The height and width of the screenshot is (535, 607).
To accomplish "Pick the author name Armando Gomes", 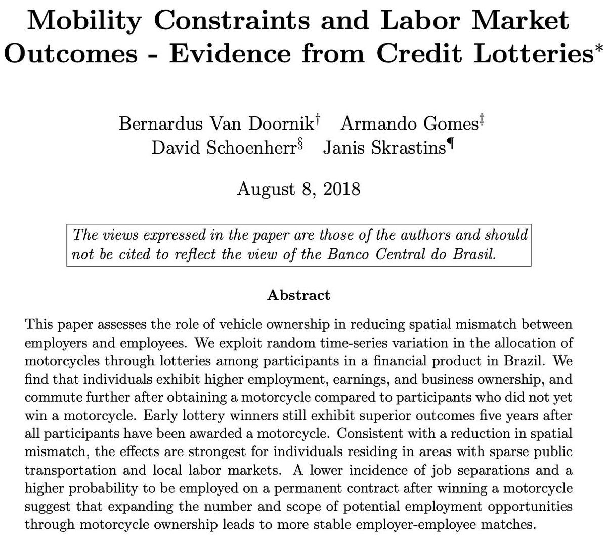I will click(x=409, y=124).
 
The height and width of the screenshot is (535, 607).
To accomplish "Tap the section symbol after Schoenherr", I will click(x=300, y=145).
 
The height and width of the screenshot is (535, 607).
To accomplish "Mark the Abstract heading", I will click(x=298, y=295).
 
